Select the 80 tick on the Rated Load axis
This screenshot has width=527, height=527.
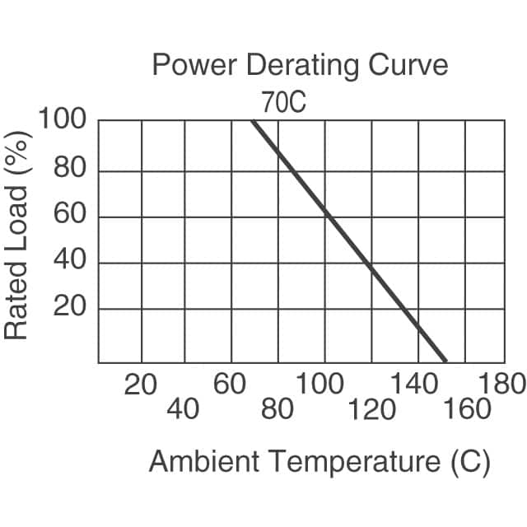(x=71, y=170)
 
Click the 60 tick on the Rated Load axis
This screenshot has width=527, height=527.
(x=71, y=217)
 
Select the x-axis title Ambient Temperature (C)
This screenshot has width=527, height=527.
(x=319, y=461)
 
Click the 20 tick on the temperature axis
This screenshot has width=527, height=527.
(x=141, y=384)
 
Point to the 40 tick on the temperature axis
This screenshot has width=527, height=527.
(x=183, y=408)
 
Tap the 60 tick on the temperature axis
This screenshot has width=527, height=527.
(x=230, y=384)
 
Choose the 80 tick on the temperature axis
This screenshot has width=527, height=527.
(x=277, y=408)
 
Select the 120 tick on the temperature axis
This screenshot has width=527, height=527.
(x=371, y=408)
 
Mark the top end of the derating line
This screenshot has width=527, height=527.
(x=253, y=121)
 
